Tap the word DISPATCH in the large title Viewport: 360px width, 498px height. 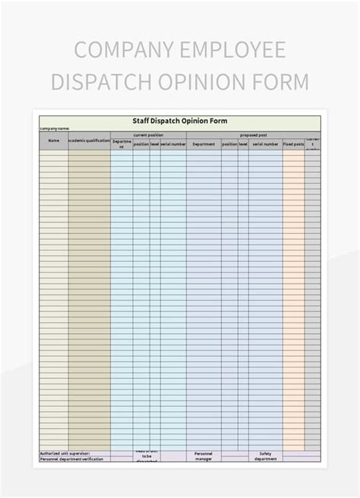pyautogui.click(x=101, y=81)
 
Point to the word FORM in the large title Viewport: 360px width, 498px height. pyautogui.click(x=283, y=81)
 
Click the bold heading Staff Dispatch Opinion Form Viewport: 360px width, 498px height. pyautogui.click(x=179, y=121)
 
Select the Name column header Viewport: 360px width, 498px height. pyautogui.click(x=54, y=140)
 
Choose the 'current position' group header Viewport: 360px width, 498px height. pyautogui.click(x=148, y=134)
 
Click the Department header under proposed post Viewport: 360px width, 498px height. pyautogui.click(x=204, y=143)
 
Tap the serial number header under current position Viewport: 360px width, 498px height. pyautogui.click(x=173, y=143)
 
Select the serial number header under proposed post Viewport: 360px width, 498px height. pyautogui.click(x=265, y=143)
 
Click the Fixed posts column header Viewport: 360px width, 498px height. pyautogui.click(x=293, y=143)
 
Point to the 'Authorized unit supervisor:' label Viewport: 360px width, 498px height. pyautogui.click(x=65, y=453)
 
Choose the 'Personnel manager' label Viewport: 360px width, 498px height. pyautogui.click(x=204, y=455)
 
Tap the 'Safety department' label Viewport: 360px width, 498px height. pyautogui.click(x=265, y=455)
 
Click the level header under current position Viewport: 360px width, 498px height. pyautogui.click(x=155, y=143)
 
